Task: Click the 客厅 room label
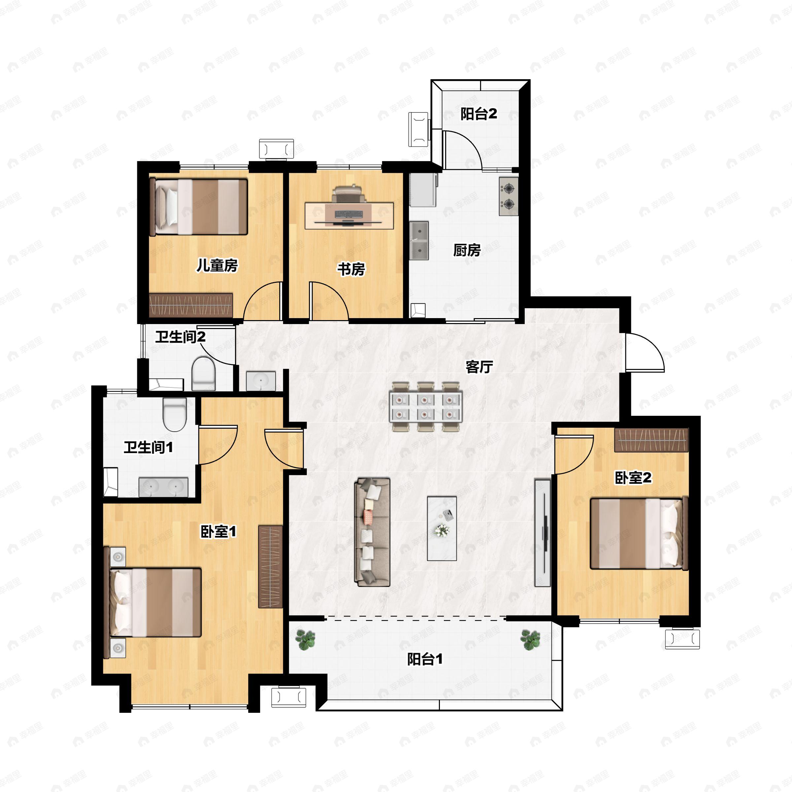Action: pos(479,367)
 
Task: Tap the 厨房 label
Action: pos(467,250)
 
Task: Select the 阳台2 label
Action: pos(479,114)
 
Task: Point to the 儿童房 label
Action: pos(217,265)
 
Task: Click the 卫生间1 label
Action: pos(148,447)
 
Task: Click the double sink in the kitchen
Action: pos(419,241)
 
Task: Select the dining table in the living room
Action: pos(426,406)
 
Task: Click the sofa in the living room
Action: pos(372,531)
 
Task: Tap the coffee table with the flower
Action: pos(442,528)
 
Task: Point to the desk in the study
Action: pos(349,215)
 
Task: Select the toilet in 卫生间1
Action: pos(175,414)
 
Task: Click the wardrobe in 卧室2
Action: pos(651,440)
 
